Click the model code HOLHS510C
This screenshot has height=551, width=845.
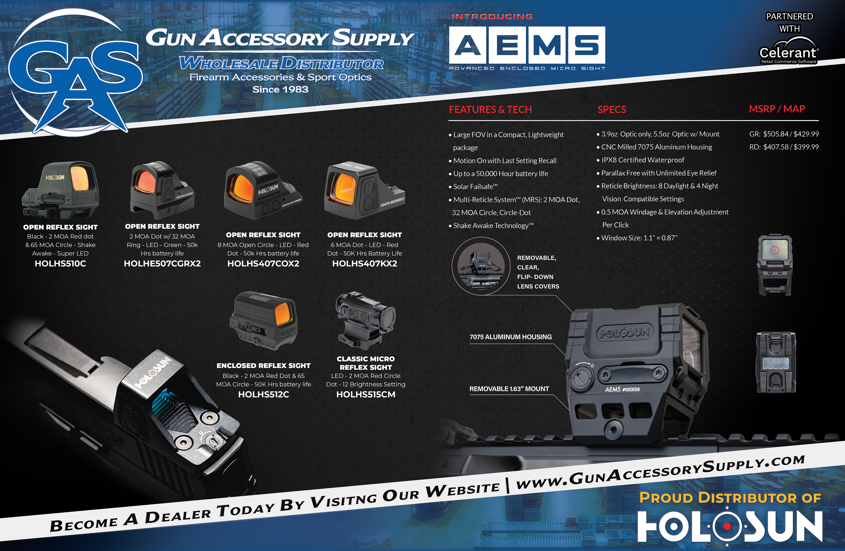60,263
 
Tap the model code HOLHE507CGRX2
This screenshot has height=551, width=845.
162,263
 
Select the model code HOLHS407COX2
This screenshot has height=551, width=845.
263,263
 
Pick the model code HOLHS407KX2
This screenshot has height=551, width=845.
365,263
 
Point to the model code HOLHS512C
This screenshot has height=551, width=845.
263,394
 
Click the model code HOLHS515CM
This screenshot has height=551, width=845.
366,394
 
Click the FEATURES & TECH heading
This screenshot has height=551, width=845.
490,109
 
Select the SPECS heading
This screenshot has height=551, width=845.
612,109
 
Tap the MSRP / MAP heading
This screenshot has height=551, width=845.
777,109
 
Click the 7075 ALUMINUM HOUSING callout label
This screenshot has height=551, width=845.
511,337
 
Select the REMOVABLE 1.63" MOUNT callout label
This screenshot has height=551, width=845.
509,389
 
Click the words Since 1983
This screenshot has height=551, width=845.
281,90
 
